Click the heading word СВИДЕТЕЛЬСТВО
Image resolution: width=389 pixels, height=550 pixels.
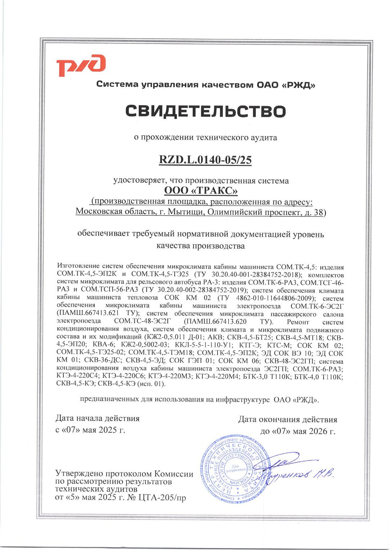pyautogui.click(x=206, y=111)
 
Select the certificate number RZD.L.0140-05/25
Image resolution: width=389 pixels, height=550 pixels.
pyautogui.click(x=205, y=160)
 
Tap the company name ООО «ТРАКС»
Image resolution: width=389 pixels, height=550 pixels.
pyautogui.click(x=201, y=190)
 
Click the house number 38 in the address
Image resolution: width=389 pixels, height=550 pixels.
pyautogui.click(x=318, y=212)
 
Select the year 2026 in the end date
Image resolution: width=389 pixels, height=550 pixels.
pyautogui.click(x=316, y=431)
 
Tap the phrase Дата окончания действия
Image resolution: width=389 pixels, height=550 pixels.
pyautogui.click(x=287, y=419)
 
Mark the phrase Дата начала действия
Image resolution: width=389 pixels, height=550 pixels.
pyautogui.click(x=97, y=418)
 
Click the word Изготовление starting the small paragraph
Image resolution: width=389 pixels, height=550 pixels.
pyautogui.click(x=78, y=267)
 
